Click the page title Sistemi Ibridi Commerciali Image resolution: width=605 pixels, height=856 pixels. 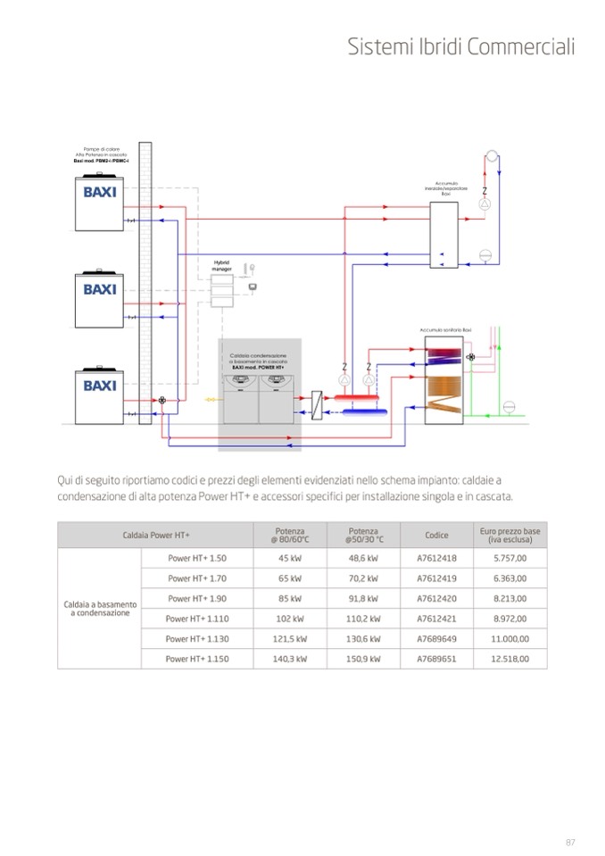coord(461,47)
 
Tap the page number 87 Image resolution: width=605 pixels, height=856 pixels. coord(571,842)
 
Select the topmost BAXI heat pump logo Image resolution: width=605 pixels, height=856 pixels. coord(100,192)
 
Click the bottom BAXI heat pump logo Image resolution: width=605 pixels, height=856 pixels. coord(100,386)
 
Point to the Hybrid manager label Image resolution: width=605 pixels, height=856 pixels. coord(221,265)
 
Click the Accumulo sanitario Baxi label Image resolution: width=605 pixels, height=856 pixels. coord(445,330)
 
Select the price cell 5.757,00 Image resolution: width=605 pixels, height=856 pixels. coord(510,558)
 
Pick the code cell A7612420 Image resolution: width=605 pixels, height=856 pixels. coord(436,598)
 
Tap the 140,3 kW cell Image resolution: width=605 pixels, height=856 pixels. coord(290,659)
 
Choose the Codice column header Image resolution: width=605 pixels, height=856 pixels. coord(436,536)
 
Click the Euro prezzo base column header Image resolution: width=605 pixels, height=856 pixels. coord(510,536)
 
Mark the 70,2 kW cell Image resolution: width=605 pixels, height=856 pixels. coord(363,578)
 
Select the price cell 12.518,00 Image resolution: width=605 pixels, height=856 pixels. coord(510,659)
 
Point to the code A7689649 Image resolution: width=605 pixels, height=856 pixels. coord(436,639)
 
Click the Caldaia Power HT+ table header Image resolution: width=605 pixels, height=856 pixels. coord(156,536)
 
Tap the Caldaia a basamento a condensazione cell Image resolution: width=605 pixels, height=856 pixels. coord(100,609)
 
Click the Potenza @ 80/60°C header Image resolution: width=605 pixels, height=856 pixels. coord(290,536)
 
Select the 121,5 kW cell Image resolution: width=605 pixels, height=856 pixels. coord(290,639)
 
